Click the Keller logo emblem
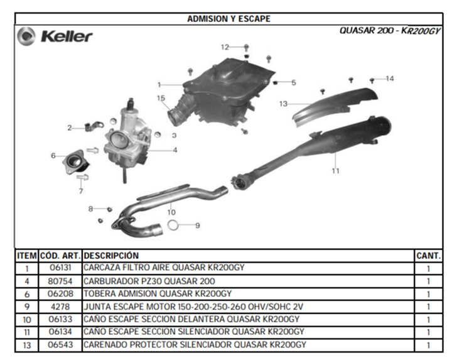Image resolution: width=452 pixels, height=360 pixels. pyautogui.click(x=26, y=36)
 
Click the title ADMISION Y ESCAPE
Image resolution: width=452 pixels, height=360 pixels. pyautogui.click(x=229, y=19)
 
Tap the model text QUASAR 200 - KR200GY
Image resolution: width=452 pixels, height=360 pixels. pyautogui.click(x=390, y=31)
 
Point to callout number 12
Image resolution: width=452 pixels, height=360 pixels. pyautogui.click(x=225, y=47)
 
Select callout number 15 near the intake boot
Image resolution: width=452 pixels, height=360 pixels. pyautogui.click(x=161, y=98)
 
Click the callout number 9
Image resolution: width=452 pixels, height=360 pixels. pyautogui.click(x=198, y=226)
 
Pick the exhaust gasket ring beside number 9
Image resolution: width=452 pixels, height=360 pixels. pyautogui.click(x=173, y=226)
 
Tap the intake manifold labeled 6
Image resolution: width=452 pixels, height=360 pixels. pyautogui.click(x=75, y=162)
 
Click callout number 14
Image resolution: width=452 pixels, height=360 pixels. pyautogui.click(x=390, y=79)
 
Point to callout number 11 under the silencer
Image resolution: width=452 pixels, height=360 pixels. pyautogui.click(x=335, y=171)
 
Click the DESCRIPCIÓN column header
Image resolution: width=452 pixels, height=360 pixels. pyautogui.click(x=111, y=256)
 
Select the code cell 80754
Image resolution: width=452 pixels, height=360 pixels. pyautogui.click(x=60, y=281)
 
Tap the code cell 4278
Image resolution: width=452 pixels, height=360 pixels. pyautogui.click(x=60, y=307)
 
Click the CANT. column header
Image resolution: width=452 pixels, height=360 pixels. pyautogui.click(x=428, y=256)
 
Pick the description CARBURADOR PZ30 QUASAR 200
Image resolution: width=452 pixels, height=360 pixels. pyautogui.click(x=149, y=281)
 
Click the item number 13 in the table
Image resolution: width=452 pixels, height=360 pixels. pyautogui.click(x=27, y=345)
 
